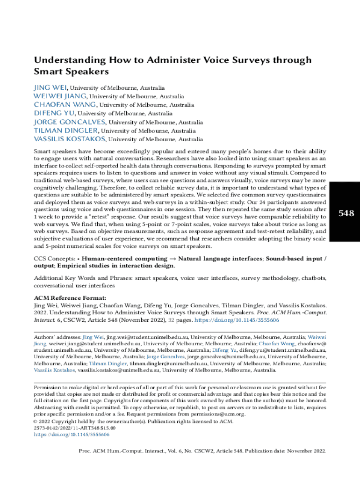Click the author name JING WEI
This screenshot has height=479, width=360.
[50, 87]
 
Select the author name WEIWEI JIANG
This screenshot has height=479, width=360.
[60, 96]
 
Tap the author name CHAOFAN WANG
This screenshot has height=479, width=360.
[65, 105]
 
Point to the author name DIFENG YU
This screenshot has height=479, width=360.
[54, 113]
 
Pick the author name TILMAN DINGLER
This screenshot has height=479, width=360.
[65, 131]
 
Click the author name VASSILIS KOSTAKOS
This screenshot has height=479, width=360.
[70, 139]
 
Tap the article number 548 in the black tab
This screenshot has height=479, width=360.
[346, 214]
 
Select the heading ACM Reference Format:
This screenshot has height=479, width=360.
[70, 298]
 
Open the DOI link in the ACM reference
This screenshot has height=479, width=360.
[237, 320]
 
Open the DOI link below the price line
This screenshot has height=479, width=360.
[72, 435]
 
